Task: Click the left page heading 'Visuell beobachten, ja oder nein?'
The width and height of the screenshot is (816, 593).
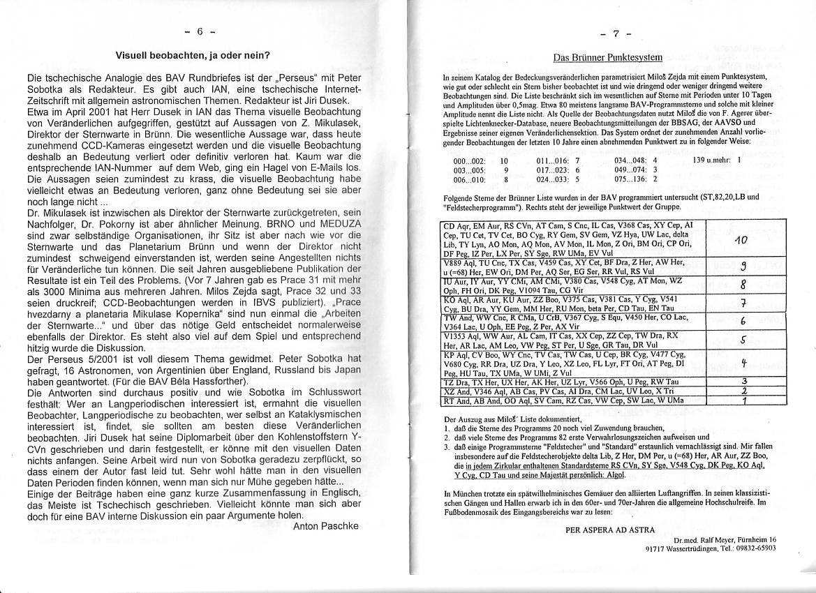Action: point(193,54)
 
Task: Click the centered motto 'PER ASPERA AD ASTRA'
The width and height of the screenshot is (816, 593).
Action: point(610,529)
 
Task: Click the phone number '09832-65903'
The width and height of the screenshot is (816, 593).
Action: point(754,548)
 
